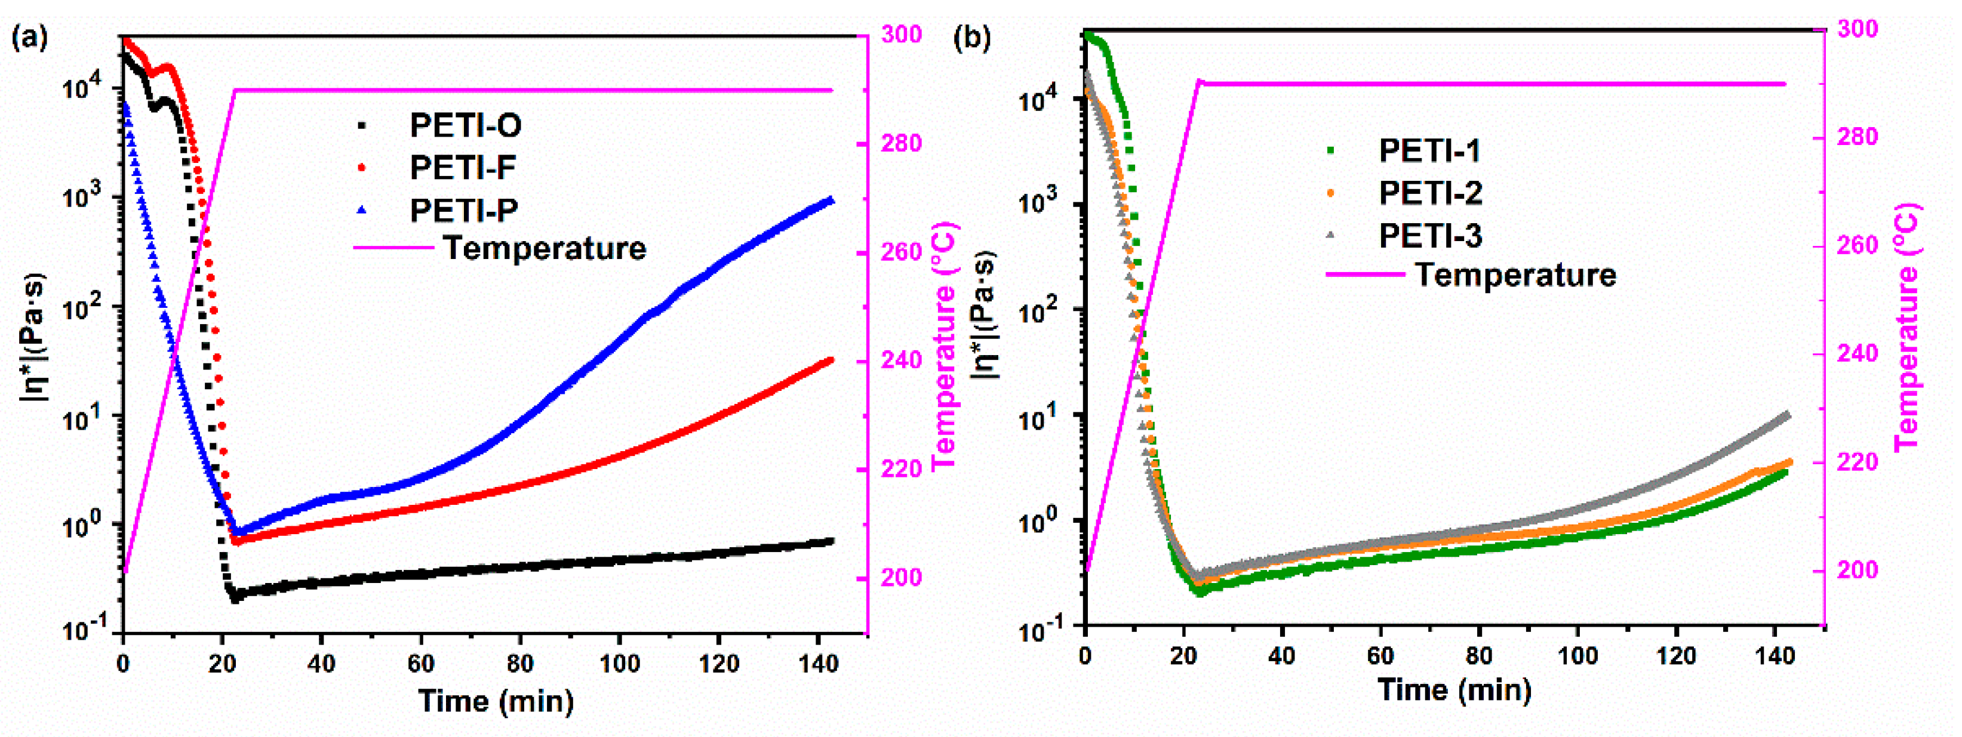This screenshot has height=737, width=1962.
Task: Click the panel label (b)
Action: (x=972, y=36)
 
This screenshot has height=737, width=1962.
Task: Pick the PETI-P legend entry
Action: (x=463, y=210)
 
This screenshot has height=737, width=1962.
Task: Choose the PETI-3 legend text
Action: (x=1429, y=236)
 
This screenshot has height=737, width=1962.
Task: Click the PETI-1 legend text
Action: (x=1429, y=151)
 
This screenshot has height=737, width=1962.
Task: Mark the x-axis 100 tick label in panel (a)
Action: (x=619, y=664)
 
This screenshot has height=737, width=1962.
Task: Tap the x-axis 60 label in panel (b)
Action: (x=1380, y=655)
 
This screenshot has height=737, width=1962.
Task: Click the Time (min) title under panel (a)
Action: (x=496, y=701)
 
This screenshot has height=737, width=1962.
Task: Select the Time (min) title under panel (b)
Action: (x=1454, y=690)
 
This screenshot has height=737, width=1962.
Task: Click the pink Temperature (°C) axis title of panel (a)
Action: (x=943, y=347)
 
